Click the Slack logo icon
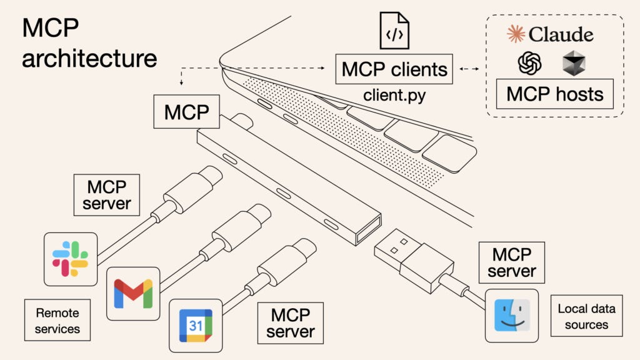(70, 259)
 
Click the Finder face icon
(511, 315)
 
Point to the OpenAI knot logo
(529, 63)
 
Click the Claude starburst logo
(516, 34)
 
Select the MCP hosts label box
(554, 94)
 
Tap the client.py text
(394, 96)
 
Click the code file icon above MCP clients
(394, 31)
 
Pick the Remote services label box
(57, 320)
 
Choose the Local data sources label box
(586, 316)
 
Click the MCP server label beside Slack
(106, 195)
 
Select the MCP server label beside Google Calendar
(290, 322)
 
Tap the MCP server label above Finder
(512, 262)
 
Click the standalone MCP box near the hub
(186, 112)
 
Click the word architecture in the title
(89, 59)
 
